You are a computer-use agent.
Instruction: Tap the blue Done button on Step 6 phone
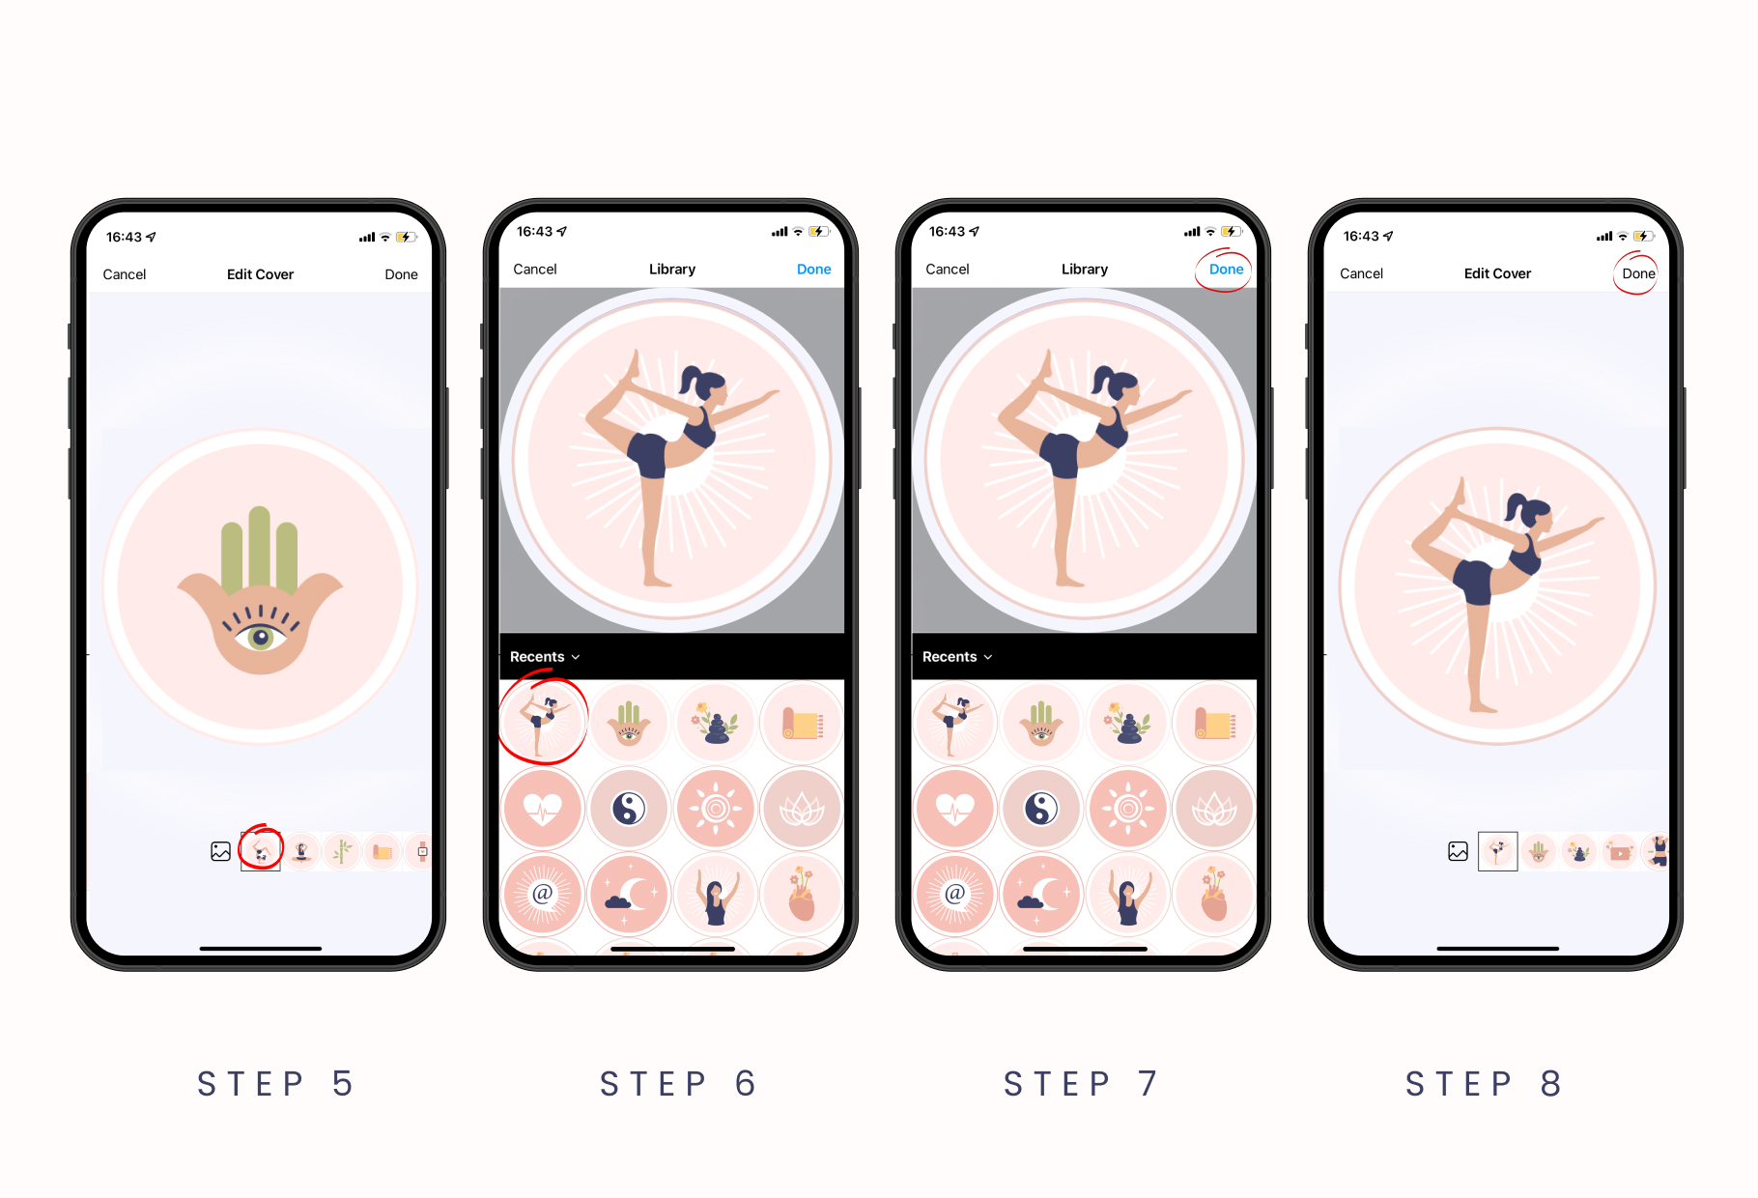coord(813,270)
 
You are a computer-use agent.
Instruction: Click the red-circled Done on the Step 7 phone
coord(1226,270)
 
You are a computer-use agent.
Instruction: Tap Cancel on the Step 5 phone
coord(125,274)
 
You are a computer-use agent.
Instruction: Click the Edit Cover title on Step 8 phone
coord(1497,273)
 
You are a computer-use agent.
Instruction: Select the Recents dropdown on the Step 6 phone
coord(545,657)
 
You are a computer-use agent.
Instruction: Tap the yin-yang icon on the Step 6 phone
coord(629,808)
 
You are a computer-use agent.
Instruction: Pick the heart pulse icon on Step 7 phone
coord(955,808)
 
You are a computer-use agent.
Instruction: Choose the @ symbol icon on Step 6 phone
coord(543,894)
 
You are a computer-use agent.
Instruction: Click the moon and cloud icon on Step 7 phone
coord(1040,894)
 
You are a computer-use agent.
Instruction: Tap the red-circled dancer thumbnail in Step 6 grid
coord(543,722)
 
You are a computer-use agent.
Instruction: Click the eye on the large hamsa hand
coord(260,637)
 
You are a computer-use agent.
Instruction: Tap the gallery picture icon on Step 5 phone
coord(221,851)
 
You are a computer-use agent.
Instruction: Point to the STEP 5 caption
coord(275,1084)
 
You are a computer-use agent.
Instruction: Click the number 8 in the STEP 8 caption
coord(1550,1084)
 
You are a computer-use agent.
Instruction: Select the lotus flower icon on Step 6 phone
coord(802,808)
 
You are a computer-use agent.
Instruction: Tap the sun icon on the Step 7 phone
coord(1127,808)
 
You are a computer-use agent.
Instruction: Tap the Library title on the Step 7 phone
coord(1084,270)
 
